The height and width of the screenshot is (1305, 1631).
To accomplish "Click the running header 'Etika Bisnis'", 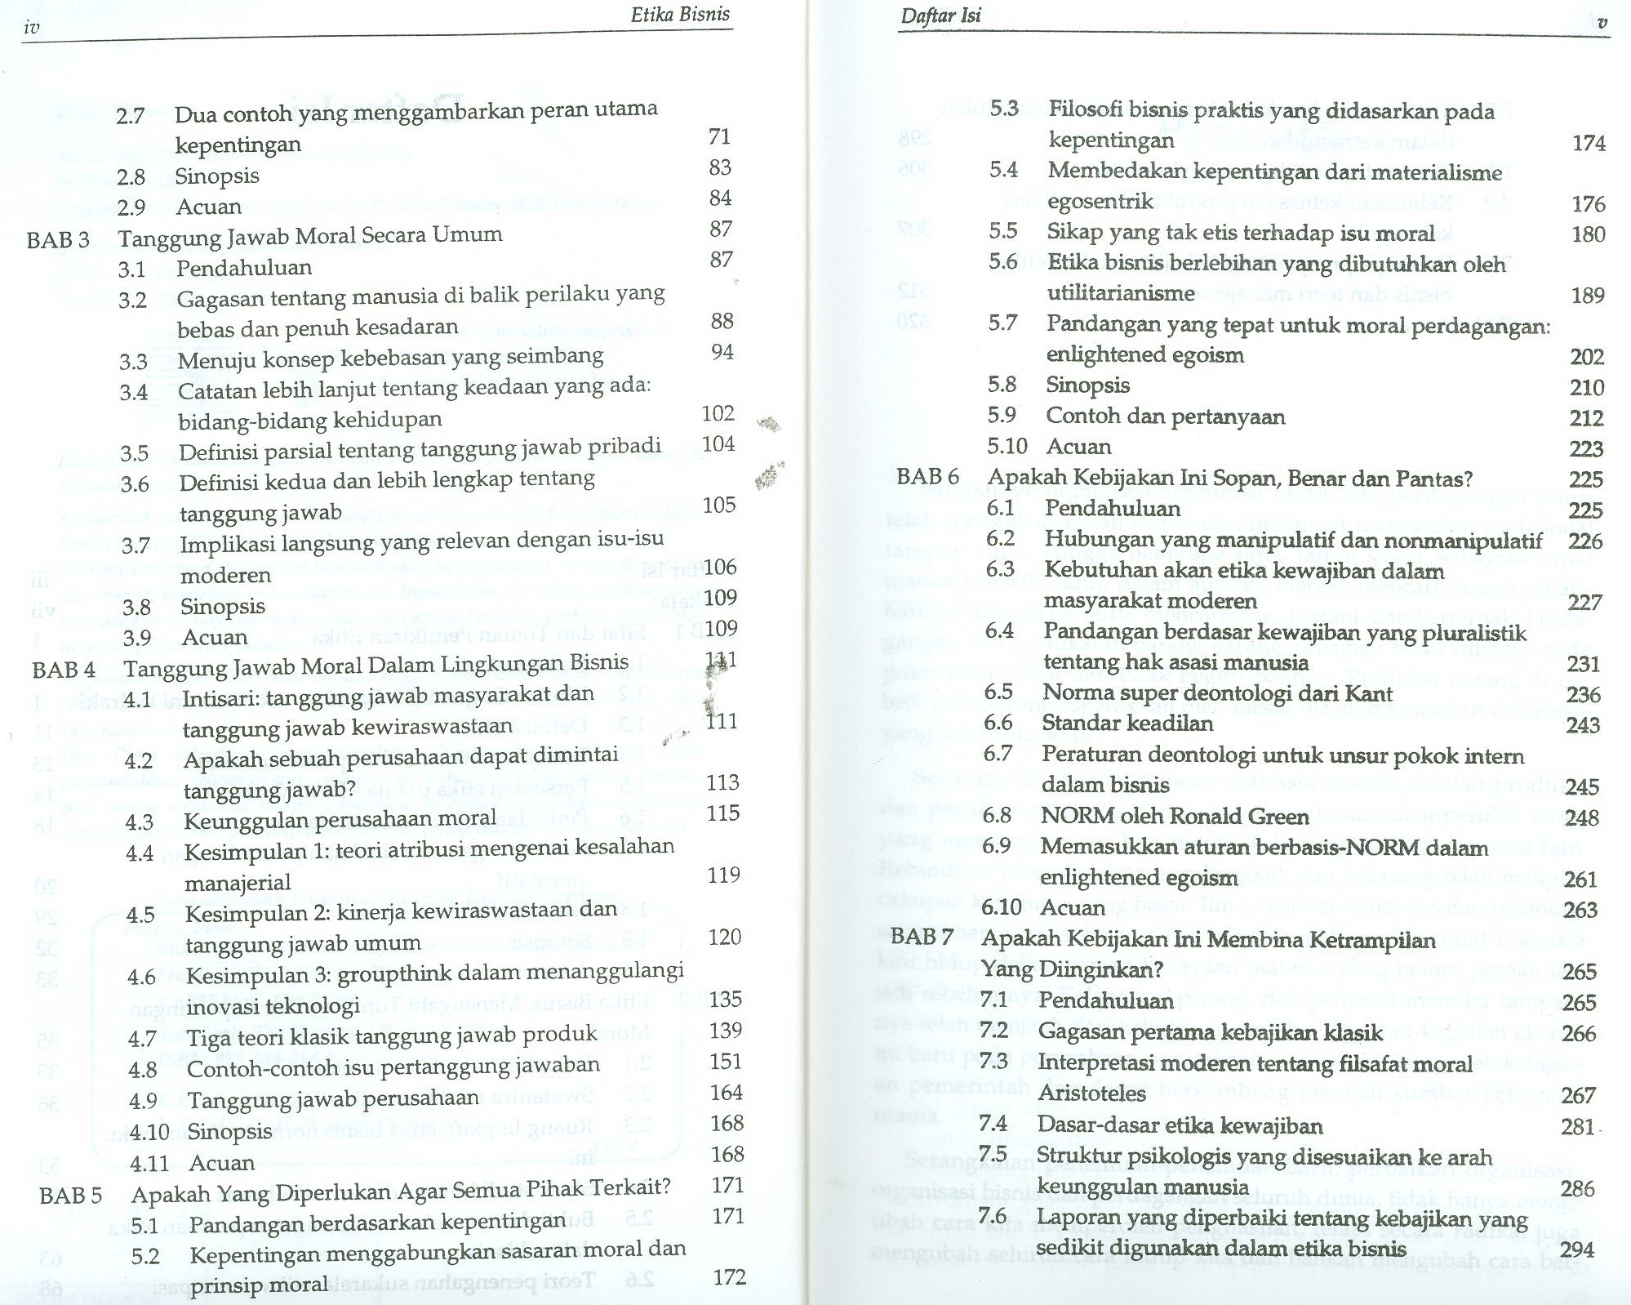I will pos(680,15).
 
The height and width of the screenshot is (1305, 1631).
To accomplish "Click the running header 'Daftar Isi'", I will pos(940,15).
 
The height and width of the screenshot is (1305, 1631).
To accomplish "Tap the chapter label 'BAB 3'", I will pos(58,240).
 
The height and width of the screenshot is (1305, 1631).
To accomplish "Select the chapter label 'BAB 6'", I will pos(927,476).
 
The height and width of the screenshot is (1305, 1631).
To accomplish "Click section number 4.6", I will pos(141,977).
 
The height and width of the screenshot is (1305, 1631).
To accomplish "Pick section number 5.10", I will pos(1007,446).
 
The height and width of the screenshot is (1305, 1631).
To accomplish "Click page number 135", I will pos(725,999).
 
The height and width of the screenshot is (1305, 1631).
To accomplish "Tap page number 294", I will pos(1576,1250).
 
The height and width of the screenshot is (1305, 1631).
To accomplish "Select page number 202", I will pos(1586,357).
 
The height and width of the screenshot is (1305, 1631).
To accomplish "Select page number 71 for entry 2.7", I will pos(719,136).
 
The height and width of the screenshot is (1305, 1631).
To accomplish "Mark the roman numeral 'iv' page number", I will pos(32,28).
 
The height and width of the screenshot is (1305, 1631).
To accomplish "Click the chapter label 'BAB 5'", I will pos(70,1196).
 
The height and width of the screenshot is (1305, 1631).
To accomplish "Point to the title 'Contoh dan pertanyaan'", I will pos(1165,416).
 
